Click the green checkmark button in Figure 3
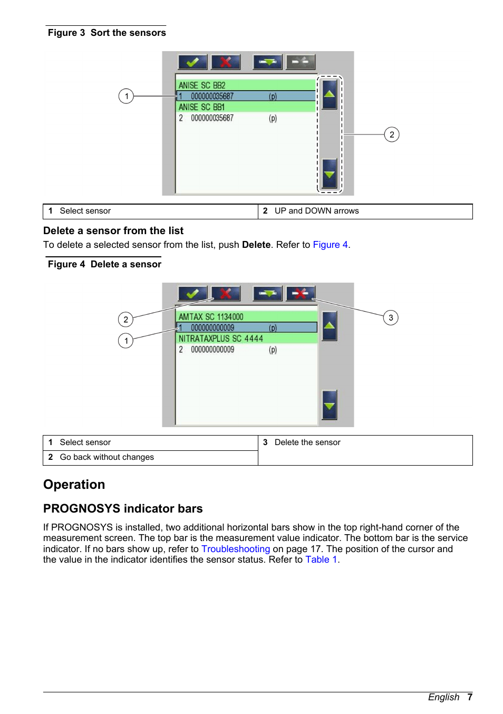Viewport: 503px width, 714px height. tap(192, 62)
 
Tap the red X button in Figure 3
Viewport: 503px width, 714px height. tap(226, 62)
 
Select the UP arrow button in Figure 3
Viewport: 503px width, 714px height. tap(330, 94)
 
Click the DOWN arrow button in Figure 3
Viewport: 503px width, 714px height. tap(330, 173)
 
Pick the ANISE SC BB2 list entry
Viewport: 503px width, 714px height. tap(246, 85)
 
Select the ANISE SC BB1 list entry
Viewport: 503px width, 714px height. tap(246, 107)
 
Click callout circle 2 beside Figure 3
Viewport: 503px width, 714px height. tap(392, 134)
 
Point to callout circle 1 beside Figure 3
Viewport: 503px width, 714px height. tap(126, 96)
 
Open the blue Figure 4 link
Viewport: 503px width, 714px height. tap(330, 245)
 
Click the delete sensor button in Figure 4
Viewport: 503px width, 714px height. tap(301, 294)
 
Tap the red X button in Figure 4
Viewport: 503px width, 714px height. tap(226, 294)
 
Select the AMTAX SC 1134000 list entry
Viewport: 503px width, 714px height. tap(246, 317)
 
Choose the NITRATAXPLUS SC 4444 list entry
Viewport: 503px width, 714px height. tap(246, 339)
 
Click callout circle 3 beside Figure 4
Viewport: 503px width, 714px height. tap(391, 317)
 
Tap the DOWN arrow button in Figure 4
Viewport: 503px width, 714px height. tap(330, 405)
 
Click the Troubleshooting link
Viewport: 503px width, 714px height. tap(236, 549)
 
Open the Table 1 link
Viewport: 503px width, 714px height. tap(321, 559)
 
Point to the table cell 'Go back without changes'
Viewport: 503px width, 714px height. tap(107, 457)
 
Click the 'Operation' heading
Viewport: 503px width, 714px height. tap(74, 485)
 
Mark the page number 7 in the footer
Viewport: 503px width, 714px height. tap(470, 697)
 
